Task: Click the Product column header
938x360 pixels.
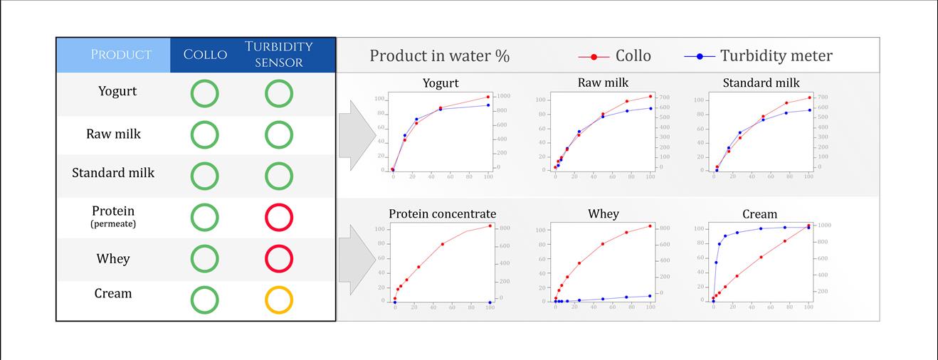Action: click(121, 55)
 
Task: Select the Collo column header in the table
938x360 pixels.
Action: click(205, 55)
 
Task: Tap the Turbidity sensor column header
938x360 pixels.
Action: click(279, 54)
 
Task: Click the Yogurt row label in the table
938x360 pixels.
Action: click(117, 91)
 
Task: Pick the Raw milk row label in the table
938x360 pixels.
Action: click(114, 134)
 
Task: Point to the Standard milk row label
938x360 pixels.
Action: click(113, 173)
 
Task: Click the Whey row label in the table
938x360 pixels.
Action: click(113, 258)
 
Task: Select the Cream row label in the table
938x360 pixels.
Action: click(113, 293)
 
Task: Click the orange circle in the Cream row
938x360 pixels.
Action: click(279, 300)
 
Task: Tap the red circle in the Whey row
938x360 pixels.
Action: click(279, 258)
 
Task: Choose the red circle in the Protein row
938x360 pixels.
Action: click(279, 217)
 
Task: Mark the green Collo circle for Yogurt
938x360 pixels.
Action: click(204, 94)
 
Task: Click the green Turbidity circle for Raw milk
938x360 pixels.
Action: click(279, 135)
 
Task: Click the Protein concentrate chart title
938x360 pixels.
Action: click(442, 214)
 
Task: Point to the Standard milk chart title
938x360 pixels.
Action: click(761, 83)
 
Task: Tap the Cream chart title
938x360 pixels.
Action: click(759, 214)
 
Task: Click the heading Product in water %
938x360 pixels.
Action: click(439, 56)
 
